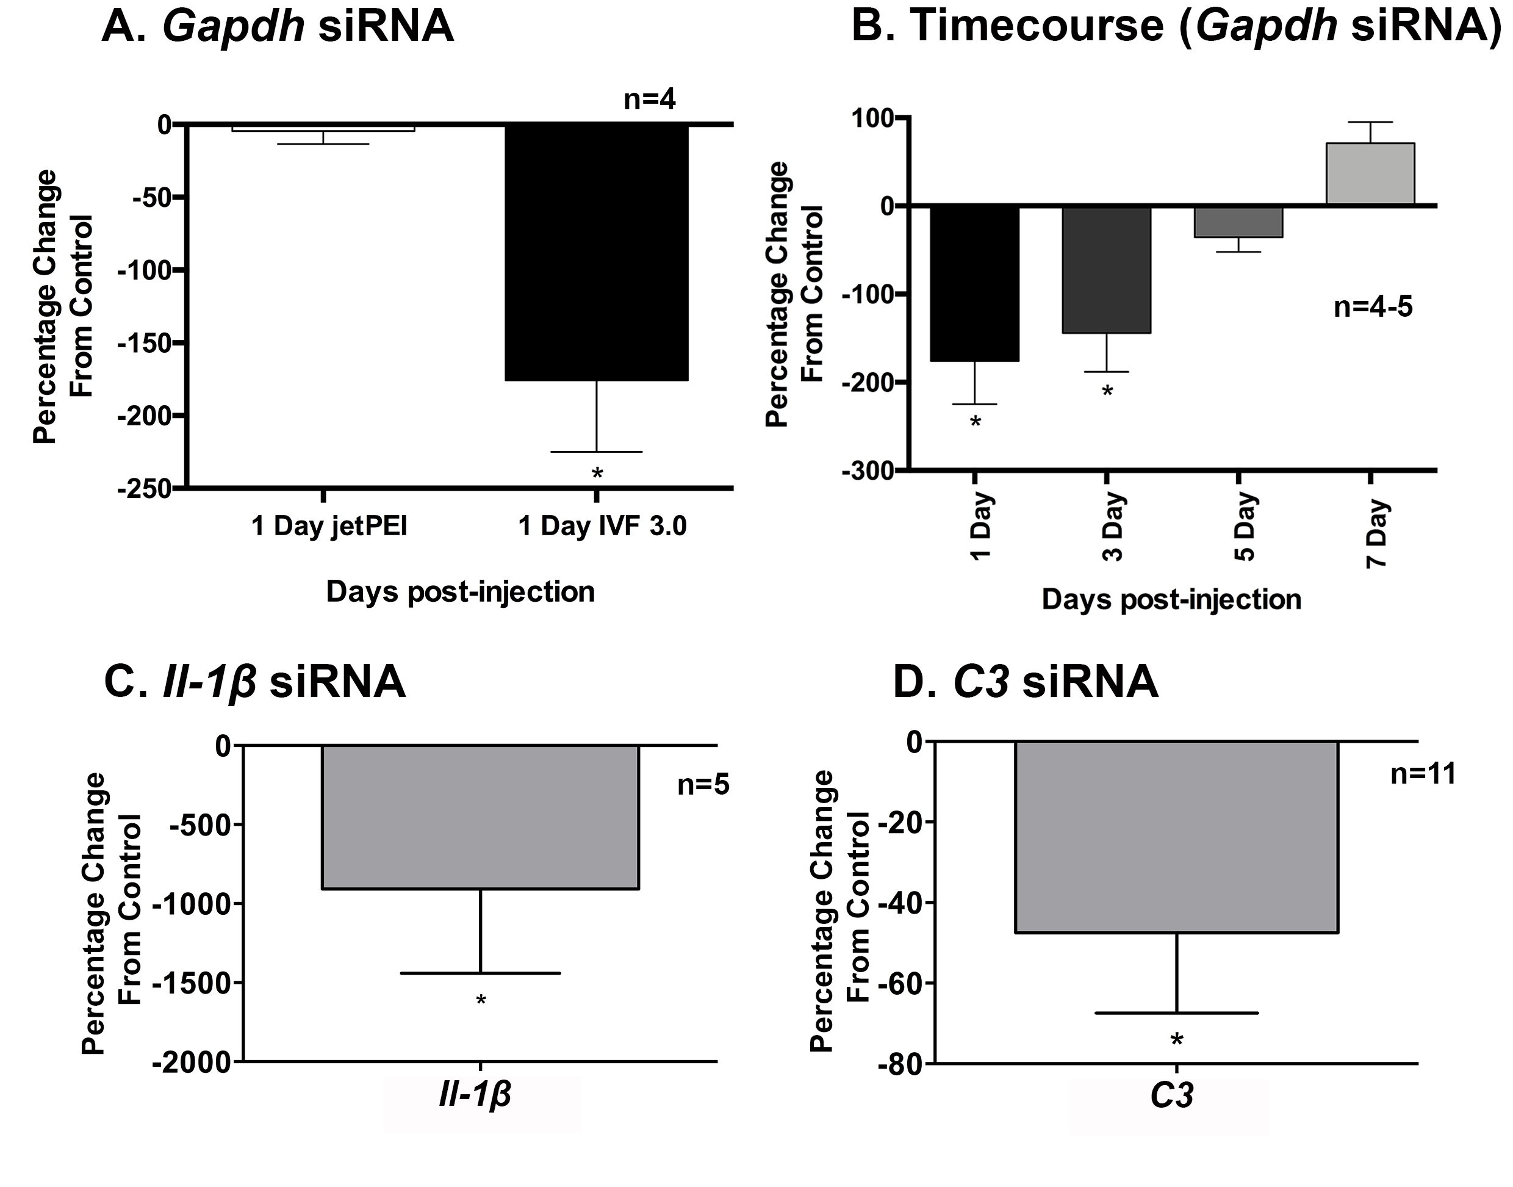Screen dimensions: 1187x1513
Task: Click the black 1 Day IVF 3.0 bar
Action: pyautogui.click(x=596, y=251)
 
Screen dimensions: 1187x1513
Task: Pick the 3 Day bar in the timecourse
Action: pyautogui.click(x=1106, y=270)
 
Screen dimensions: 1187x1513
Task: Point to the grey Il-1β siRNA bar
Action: pyautogui.click(x=480, y=817)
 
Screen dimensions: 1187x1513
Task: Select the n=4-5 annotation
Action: pyautogui.click(x=1373, y=306)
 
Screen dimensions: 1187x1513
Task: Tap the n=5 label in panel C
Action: pyautogui.click(x=703, y=785)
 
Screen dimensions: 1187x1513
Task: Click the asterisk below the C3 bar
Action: pyautogui.click(x=1177, y=1041)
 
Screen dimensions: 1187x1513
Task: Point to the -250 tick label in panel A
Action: pyautogui.click(x=145, y=489)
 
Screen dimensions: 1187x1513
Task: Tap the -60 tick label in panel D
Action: pyautogui.click(x=897, y=983)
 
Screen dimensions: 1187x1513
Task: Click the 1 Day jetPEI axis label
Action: pyautogui.click(x=329, y=526)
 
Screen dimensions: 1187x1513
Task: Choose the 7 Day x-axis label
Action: pyautogui.click(x=1376, y=534)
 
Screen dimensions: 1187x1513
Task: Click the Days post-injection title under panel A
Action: pyautogui.click(x=460, y=592)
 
